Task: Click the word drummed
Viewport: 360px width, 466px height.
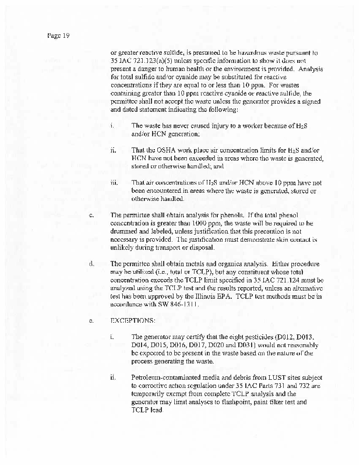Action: [126, 231]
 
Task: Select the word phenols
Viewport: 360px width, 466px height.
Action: [247, 215]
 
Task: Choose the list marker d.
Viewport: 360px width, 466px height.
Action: [92, 264]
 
